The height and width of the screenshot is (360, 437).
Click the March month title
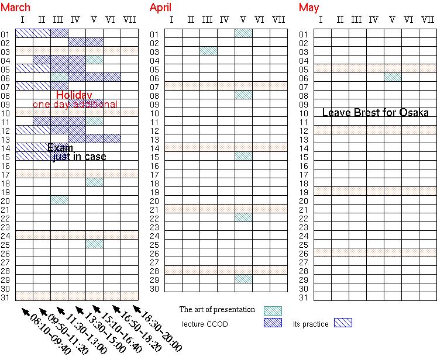point(16,8)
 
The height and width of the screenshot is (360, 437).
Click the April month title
point(160,8)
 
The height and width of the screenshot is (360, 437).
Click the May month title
point(309,8)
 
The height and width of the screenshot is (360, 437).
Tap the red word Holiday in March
point(74,95)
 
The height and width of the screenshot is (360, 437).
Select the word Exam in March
point(60,147)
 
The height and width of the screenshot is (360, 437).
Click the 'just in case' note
point(80,157)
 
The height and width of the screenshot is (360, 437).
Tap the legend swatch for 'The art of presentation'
point(273,310)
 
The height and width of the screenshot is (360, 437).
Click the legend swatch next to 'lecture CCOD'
point(273,323)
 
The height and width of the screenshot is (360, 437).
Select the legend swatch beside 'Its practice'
point(343,323)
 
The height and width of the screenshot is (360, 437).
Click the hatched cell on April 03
point(208,51)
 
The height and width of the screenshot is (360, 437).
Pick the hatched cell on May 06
point(393,77)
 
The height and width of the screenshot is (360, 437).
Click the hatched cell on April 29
point(243,279)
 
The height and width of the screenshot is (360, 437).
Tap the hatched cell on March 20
point(59,200)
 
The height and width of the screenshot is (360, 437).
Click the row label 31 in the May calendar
point(304,297)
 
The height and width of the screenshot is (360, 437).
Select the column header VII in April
point(278,21)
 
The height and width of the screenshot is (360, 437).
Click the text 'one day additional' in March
point(75,105)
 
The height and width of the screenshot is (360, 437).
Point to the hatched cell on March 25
point(94,244)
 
